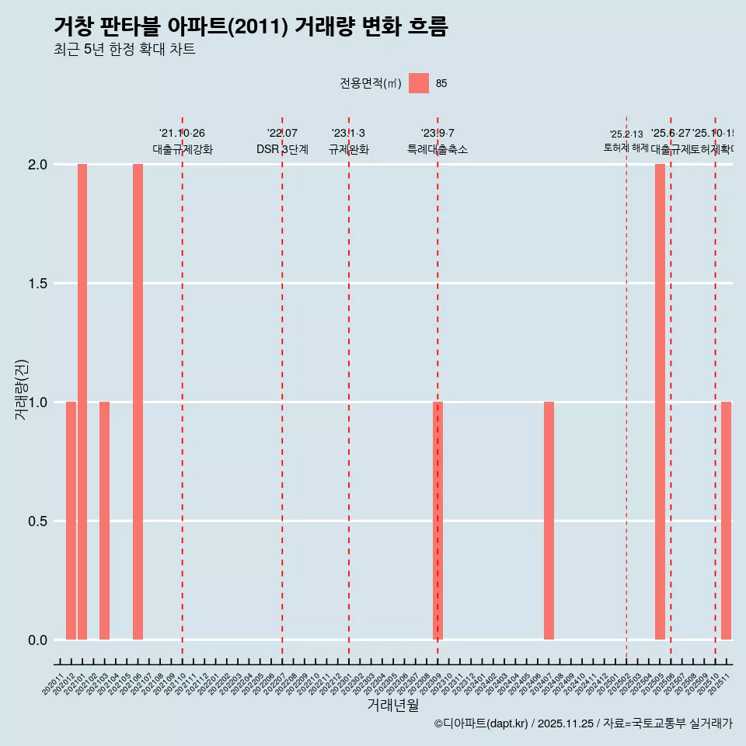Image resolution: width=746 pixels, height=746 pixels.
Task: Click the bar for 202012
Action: click(x=71, y=521)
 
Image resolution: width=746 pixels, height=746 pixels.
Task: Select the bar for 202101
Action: click(x=82, y=402)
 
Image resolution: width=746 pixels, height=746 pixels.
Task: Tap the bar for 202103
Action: click(x=104, y=521)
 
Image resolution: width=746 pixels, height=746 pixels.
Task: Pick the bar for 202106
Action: click(x=138, y=402)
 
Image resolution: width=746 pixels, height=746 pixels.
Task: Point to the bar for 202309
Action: click(x=437, y=521)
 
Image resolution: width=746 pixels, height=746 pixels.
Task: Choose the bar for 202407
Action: click(x=549, y=521)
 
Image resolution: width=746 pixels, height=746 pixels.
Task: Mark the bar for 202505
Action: click(x=660, y=402)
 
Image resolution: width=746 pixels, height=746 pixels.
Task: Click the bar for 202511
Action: click(x=726, y=521)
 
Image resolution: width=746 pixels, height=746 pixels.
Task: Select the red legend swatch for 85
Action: click(x=419, y=83)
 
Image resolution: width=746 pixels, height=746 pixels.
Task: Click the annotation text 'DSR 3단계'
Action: click(x=282, y=150)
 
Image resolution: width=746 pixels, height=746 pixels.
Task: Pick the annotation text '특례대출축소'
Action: click(x=437, y=150)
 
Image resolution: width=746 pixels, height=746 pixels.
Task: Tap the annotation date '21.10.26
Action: click(x=182, y=134)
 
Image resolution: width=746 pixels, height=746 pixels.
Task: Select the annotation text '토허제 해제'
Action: click(x=626, y=148)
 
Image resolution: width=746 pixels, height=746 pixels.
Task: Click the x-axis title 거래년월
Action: click(x=392, y=706)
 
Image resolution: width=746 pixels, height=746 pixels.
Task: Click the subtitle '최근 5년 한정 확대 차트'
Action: click(x=124, y=50)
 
